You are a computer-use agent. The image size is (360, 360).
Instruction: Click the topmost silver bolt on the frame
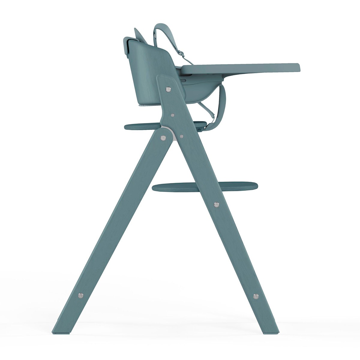(169, 89)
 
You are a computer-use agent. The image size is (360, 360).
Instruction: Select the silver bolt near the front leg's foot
(256, 296)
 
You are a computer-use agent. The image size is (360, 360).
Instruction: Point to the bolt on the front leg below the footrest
(217, 205)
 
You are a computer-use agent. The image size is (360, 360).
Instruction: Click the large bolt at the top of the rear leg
(163, 138)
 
